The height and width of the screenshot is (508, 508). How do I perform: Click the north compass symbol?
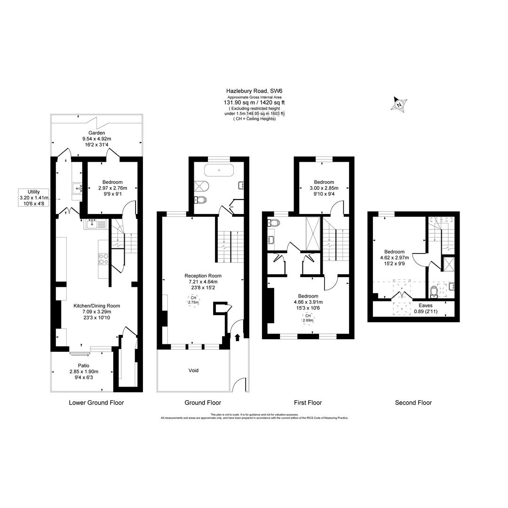coord(399,104)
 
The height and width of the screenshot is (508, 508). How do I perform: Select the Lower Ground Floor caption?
coord(96,403)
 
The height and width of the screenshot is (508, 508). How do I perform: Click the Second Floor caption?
coord(413,403)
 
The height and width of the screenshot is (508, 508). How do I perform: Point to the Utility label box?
coord(34,198)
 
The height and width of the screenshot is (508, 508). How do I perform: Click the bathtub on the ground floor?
coord(219,170)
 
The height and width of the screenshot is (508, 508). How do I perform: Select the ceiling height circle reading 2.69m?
coord(308,318)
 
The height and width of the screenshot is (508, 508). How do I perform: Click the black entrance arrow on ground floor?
coord(237,337)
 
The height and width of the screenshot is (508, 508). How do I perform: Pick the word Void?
coord(193,371)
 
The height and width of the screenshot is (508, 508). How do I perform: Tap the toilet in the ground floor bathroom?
coord(200,200)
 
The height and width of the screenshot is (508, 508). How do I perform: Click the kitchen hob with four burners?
coord(103,259)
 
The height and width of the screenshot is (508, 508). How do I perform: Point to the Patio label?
coord(83,365)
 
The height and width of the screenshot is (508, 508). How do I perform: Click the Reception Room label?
coord(203,276)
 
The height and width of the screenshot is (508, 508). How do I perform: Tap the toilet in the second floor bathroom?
coord(434,293)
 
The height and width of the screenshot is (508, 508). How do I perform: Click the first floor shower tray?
coord(313,234)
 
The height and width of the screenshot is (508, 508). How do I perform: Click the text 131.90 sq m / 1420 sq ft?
coord(254,103)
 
